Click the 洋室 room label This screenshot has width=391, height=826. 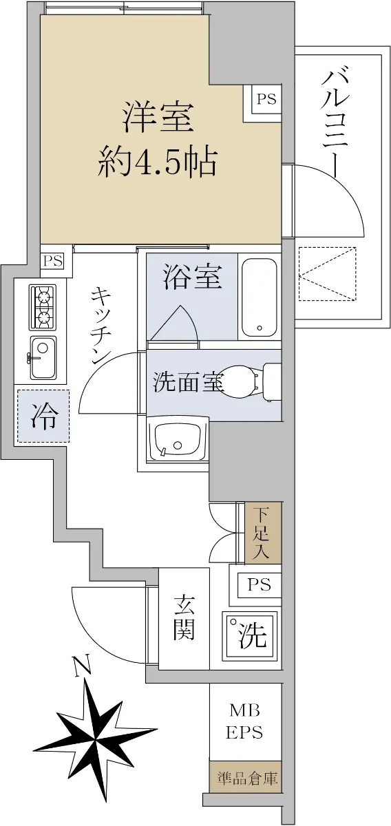pyautogui.click(x=158, y=118)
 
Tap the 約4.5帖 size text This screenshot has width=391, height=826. pyautogui.click(x=157, y=162)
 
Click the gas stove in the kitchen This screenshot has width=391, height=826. pyautogui.click(x=43, y=308)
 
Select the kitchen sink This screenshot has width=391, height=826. pyautogui.click(x=43, y=358)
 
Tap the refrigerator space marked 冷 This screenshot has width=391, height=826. pyautogui.click(x=43, y=416)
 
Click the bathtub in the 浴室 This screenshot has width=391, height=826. pyautogui.click(x=259, y=297)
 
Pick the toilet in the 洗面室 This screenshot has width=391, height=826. pyautogui.click(x=251, y=382)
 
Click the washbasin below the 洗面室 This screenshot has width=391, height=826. pyautogui.click(x=178, y=439)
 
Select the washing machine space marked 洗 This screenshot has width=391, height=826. pyautogui.click(x=249, y=635)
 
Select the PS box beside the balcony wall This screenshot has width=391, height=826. pyautogui.click(x=266, y=99)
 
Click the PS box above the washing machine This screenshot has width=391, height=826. pyautogui.click(x=259, y=584)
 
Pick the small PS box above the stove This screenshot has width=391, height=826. pyautogui.click(x=53, y=261)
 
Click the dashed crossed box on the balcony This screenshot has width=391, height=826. pyautogui.click(x=328, y=273)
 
